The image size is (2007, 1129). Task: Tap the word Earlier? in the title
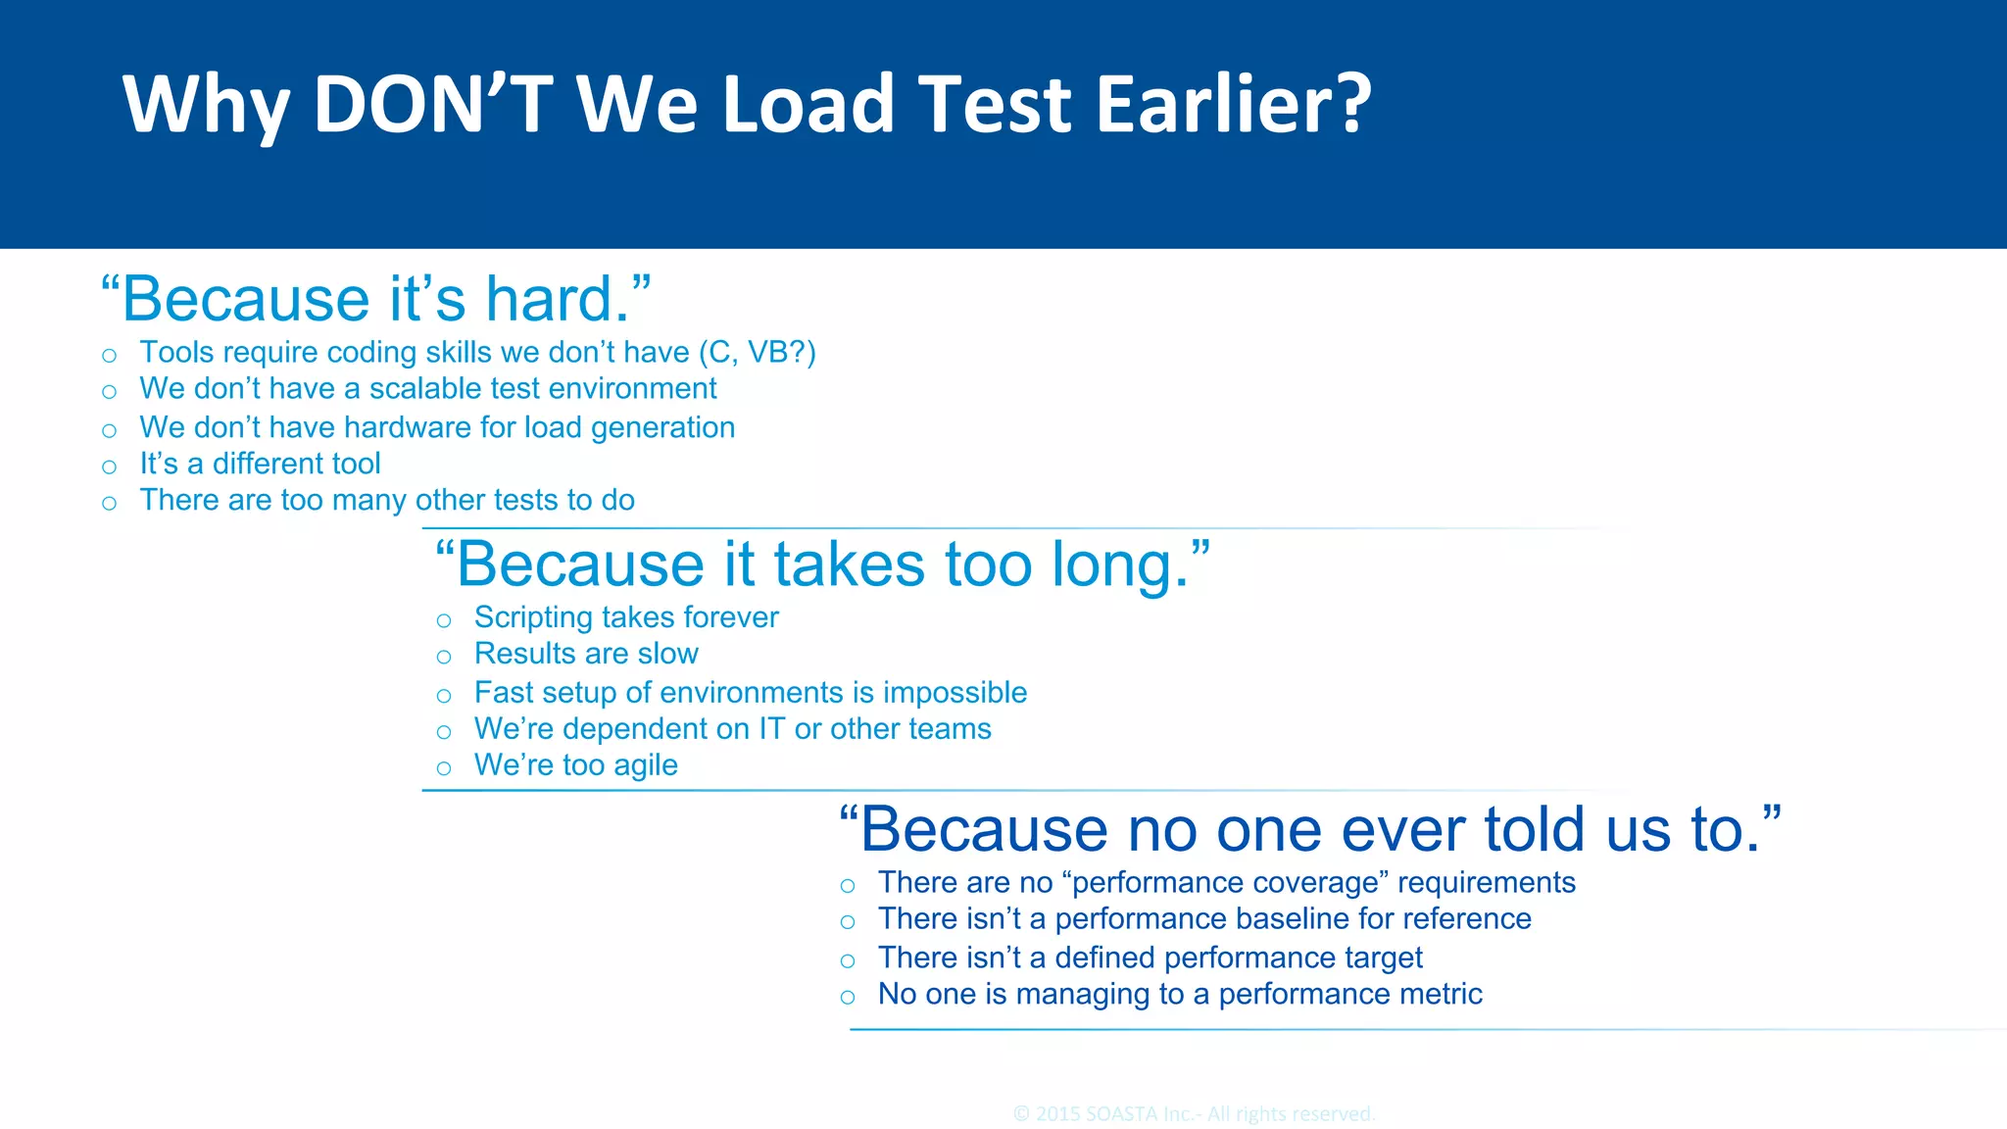1234,104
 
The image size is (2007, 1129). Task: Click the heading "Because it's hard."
376,298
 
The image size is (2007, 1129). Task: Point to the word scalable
425,389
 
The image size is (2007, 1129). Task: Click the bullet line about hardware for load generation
437,427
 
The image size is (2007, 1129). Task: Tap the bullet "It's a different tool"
260,464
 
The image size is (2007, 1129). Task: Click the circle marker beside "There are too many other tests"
110,504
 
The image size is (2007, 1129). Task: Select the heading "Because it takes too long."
822,564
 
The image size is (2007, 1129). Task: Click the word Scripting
533,617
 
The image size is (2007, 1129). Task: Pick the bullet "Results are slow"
586,654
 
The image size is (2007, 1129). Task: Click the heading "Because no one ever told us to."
1309,829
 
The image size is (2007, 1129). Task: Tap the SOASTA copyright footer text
1194,1114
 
